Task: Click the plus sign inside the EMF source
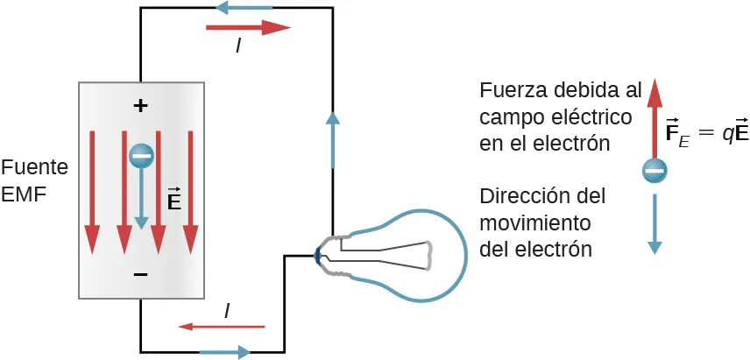point(140,106)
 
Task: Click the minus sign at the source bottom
point(140,275)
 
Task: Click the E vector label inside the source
point(173,201)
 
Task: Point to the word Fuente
point(35,166)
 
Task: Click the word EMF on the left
point(23,194)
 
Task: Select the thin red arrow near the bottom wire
point(221,327)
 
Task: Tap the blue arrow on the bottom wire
point(225,352)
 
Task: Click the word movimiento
point(534,222)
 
